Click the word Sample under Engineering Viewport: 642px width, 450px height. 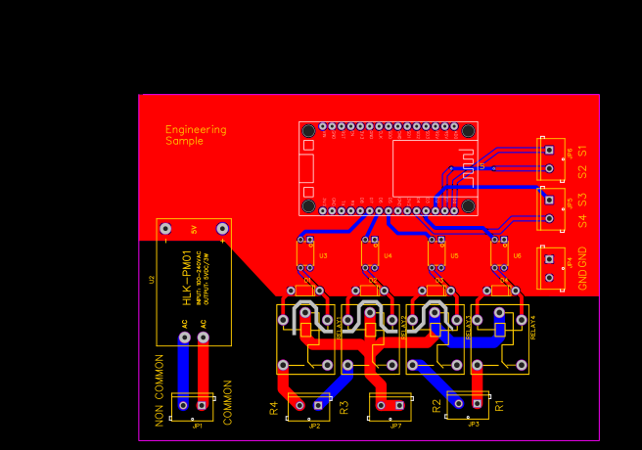tap(185, 141)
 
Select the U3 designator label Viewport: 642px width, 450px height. tap(323, 255)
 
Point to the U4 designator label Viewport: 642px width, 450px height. tap(388, 255)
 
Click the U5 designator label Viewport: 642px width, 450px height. tap(454, 255)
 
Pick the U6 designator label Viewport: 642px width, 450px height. tap(518, 255)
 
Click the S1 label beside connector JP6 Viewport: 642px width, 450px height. tap(582, 151)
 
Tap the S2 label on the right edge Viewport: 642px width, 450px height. tap(582, 171)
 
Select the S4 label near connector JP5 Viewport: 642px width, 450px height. tap(582, 222)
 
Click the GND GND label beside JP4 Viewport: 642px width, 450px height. tap(583, 269)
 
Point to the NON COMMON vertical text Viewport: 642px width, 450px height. tap(160, 388)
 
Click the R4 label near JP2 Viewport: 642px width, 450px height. tap(274, 408)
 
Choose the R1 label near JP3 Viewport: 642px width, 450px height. tap(498, 403)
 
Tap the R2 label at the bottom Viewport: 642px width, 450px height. tap(437, 406)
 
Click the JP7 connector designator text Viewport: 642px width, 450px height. tap(395, 426)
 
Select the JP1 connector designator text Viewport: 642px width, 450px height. tap(197, 426)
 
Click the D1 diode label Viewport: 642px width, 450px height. tap(307, 281)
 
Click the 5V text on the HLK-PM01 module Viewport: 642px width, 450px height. tap(194, 230)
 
